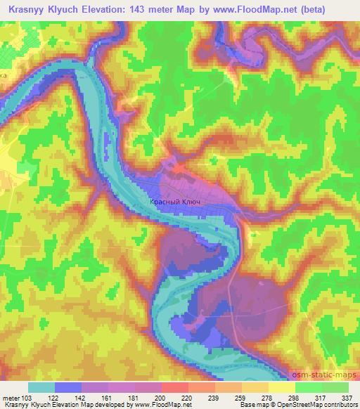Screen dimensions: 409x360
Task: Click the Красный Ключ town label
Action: tap(176, 202)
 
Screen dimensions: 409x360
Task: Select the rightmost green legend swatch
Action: tap(335, 387)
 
